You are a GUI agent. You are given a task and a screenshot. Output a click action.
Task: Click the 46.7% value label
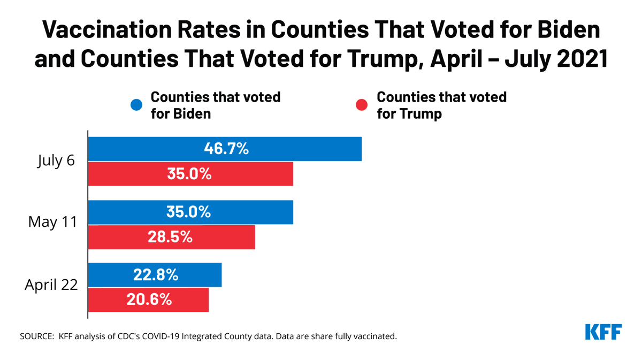226,149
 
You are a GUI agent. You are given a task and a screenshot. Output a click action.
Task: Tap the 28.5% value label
170,237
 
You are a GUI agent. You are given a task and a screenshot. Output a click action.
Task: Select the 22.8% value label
156,275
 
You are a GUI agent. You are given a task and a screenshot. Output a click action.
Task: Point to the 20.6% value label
149,300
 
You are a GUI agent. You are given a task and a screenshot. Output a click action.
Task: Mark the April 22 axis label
51,285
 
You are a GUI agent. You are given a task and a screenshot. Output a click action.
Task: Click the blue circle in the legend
137,105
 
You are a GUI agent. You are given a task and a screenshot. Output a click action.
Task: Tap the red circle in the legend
362,105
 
